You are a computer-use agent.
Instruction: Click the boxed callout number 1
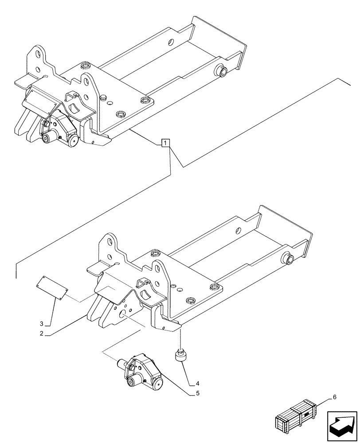[x=165, y=143]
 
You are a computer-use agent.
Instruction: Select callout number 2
[x=41, y=334]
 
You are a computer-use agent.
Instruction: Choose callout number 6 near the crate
[x=334, y=397]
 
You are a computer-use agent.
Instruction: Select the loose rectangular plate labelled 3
[x=52, y=288]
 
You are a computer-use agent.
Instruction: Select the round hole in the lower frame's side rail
[x=239, y=230]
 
